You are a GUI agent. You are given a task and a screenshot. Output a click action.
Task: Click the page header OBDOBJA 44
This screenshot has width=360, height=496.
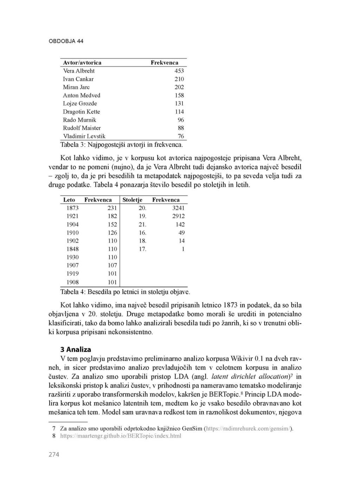point(66,41)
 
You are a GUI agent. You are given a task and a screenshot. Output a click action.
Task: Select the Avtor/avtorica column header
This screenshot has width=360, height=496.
point(82,63)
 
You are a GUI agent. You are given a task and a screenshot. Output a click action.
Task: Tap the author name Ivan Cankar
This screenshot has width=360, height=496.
point(78,79)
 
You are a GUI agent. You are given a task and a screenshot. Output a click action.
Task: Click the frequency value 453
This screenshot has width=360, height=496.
point(179,71)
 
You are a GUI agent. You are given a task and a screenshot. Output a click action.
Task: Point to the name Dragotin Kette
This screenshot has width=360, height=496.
point(82,112)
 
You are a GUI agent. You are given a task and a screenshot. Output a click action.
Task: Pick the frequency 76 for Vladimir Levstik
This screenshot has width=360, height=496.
point(181,136)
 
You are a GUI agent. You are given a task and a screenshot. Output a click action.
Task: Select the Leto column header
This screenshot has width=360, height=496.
point(69,200)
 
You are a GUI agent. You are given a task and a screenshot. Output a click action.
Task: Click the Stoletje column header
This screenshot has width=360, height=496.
point(133,200)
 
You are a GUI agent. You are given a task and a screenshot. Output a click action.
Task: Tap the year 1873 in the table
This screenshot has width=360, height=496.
point(73,208)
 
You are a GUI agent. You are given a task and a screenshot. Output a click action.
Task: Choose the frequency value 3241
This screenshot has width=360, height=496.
point(178,208)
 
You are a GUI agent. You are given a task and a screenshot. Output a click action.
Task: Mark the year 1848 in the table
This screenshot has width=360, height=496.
point(73,249)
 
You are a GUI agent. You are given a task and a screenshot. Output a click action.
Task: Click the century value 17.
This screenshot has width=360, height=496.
point(142,249)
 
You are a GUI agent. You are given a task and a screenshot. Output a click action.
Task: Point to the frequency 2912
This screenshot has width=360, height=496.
point(178,216)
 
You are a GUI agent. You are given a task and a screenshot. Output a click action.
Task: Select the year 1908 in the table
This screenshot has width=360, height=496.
point(73,282)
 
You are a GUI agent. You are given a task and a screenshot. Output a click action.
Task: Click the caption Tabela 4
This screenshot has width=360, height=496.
point(125,292)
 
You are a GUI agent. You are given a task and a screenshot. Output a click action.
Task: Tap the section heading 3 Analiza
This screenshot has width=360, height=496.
point(76,350)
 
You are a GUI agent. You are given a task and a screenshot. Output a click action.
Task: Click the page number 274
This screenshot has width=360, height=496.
point(54,455)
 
